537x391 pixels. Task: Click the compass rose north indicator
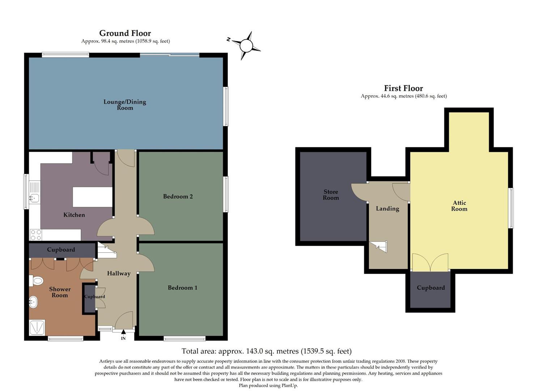[x=246, y=46]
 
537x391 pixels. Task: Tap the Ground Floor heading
[x=125, y=33]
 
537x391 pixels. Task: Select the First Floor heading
[x=403, y=88]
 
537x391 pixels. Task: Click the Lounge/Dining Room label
[x=125, y=105]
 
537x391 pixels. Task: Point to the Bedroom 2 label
[x=178, y=197]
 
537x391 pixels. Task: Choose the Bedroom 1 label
[x=182, y=288]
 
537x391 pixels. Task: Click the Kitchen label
[x=74, y=215]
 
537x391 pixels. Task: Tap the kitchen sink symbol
[x=35, y=198]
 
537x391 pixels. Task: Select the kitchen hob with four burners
[x=36, y=235]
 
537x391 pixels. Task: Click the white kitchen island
[x=93, y=197]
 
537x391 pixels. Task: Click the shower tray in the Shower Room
[x=37, y=328]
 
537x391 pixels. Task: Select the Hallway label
[x=119, y=274]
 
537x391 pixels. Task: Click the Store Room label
[x=331, y=195]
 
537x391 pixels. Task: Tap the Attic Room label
[x=459, y=206]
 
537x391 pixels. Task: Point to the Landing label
[x=387, y=209]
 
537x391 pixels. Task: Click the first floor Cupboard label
[x=431, y=288]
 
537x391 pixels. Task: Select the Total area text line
[x=267, y=351]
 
